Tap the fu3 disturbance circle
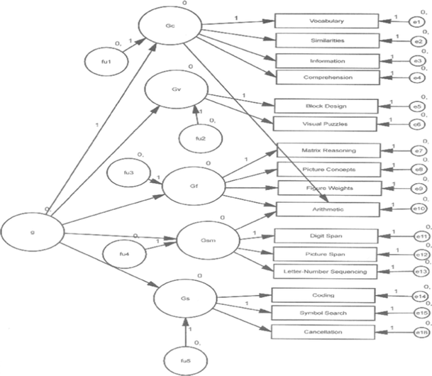pos(127,174)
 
